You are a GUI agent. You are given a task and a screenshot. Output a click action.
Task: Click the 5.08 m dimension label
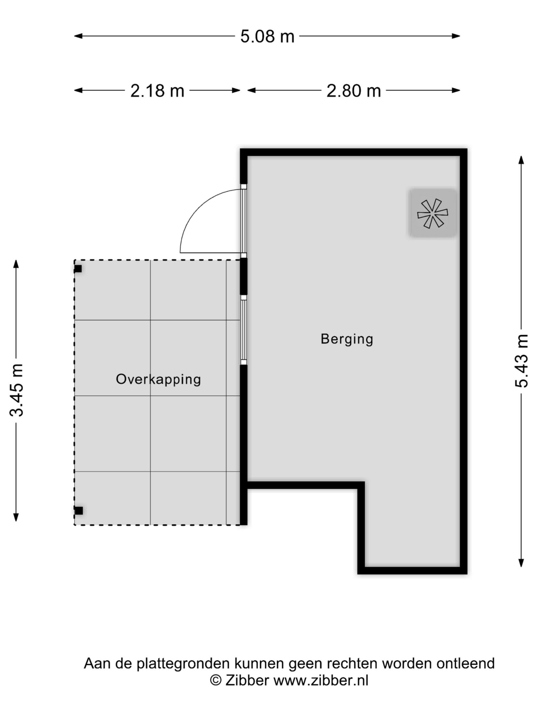point(267,36)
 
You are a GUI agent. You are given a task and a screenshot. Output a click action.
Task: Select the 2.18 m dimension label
point(157,91)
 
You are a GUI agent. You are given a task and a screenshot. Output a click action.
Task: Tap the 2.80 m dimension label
point(353,91)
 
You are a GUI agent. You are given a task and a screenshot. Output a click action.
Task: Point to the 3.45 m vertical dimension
point(17,390)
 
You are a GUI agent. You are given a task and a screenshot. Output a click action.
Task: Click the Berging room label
point(347,339)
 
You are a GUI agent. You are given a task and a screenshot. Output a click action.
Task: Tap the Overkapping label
point(158,379)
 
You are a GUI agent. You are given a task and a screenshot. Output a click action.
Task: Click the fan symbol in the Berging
point(433,213)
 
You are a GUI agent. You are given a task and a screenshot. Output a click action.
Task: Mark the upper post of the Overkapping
point(78,269)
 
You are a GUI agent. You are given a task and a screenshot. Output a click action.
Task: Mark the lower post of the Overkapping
point(78,511)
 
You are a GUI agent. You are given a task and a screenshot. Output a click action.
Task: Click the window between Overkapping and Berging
point(243,330)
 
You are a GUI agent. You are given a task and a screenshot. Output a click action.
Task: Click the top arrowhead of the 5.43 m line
point(521,160)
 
